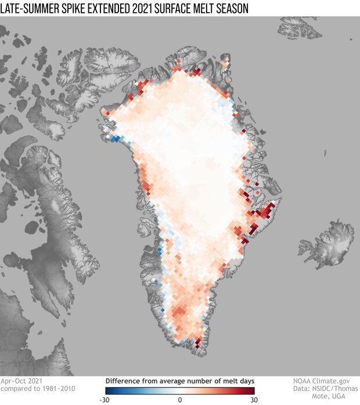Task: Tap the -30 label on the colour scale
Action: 107,400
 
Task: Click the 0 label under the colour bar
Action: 180,400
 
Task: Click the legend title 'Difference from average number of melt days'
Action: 180,381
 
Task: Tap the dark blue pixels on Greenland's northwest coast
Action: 116,138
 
